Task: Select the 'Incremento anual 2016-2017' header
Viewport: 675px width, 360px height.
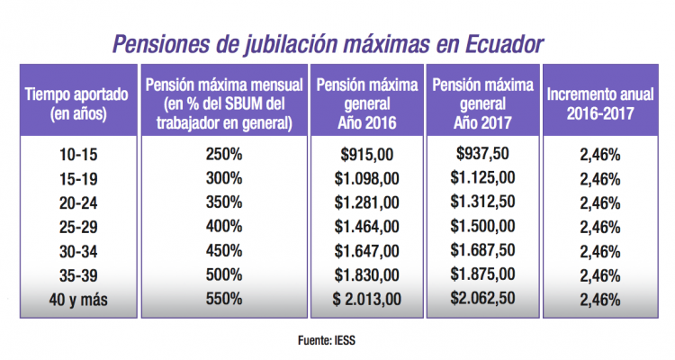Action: [x=595, y=103]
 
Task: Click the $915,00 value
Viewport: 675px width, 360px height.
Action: [x=367, y=154]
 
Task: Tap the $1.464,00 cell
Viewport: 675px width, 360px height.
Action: [x=367, y=225]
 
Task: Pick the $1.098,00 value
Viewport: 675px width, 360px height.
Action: [x=367, y=177]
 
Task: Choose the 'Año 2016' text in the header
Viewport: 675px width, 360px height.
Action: [x=367, y=121]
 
